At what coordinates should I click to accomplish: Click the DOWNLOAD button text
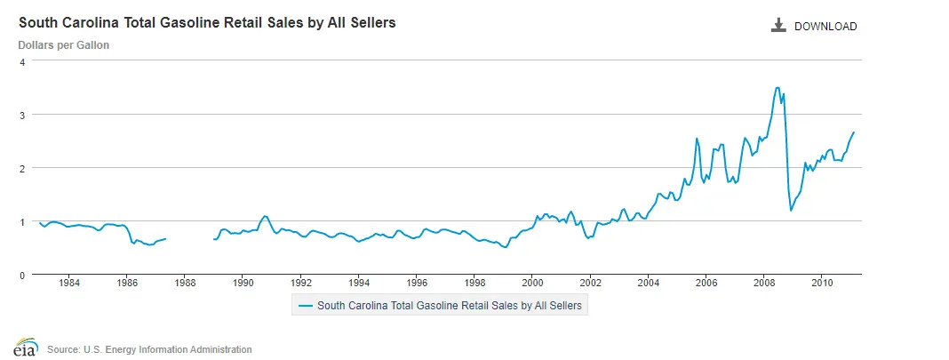[825, 27]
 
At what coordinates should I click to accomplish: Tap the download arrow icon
[779, 26]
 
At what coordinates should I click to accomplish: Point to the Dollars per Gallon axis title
[64, 44]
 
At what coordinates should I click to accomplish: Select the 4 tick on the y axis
[22, 61]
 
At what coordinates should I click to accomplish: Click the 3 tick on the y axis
[22, 115]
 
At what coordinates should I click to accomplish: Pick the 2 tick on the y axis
[22, 168]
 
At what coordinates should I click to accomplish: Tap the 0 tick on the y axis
[22, 275]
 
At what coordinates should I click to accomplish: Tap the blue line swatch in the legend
[306, 305]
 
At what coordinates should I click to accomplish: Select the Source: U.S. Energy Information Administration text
[149, 349]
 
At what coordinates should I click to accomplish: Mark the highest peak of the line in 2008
[778, 87]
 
